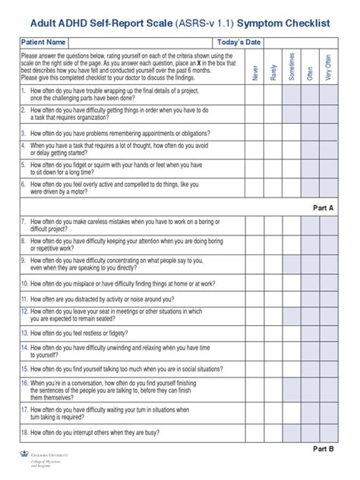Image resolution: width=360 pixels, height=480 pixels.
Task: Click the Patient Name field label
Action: pos(44,42)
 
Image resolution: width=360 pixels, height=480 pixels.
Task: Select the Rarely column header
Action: pos(273,70)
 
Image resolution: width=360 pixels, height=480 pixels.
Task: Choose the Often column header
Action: pos(310,71)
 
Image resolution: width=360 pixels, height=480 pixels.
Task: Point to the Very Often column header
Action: pos(328,68)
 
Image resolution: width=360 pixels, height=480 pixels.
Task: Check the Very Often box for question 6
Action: pos(328,188)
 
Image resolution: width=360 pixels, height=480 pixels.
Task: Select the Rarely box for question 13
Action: pos(273,332)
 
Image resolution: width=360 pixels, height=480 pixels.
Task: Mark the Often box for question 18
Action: pos(310,432)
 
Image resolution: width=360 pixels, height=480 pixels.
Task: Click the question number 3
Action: pos(24,132)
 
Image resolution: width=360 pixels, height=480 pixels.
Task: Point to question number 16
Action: pos(25,384)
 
